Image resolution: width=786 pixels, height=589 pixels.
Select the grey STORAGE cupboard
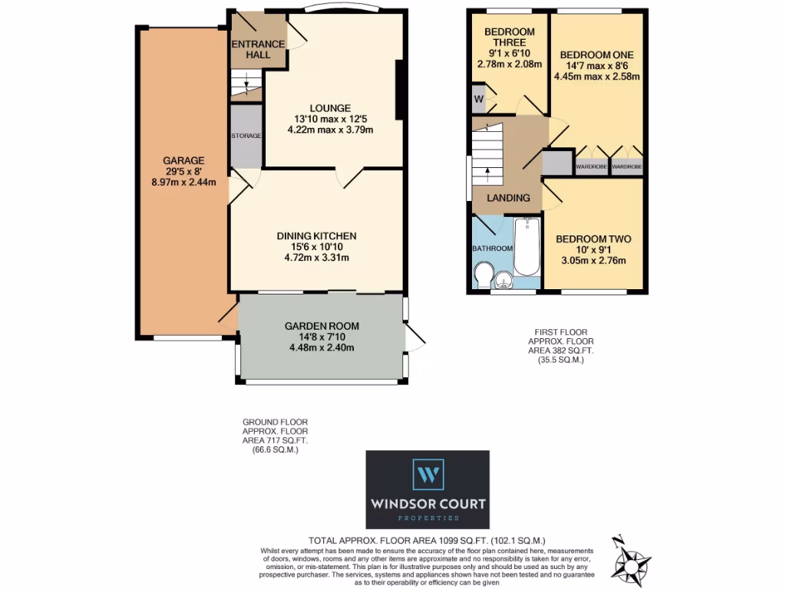pyautogui.click(x=246, y=136)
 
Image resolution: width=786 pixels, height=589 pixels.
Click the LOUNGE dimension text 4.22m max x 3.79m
pyautogui.click(x=333, y=130)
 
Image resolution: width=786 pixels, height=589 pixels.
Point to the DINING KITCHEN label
pyautogui.click(x=317, y=236)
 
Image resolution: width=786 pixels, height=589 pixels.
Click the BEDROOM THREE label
pyautogui.click(x=510, y=38)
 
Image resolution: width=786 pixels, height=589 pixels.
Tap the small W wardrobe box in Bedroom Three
pyautogui.click(x=479, y=99)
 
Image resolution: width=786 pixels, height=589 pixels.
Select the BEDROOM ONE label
pyautogui.click(x=596, y=55)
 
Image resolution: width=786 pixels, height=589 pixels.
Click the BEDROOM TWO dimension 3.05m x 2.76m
pyautogui.click(x=593, y=261)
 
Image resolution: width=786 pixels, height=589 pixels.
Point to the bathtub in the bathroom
pyautogui.click(x=527, y=247)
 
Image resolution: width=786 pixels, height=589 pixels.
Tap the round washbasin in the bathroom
pyautogui.click(x=504, y=281)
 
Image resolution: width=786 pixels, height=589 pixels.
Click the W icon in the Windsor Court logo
pyautogui.click(x=428, y=474)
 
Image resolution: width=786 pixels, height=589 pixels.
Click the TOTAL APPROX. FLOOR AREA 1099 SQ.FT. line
pyautogui.click(x=428, y=540)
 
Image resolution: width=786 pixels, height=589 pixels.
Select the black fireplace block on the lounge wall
pyautogui.click(x=399, y=90)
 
